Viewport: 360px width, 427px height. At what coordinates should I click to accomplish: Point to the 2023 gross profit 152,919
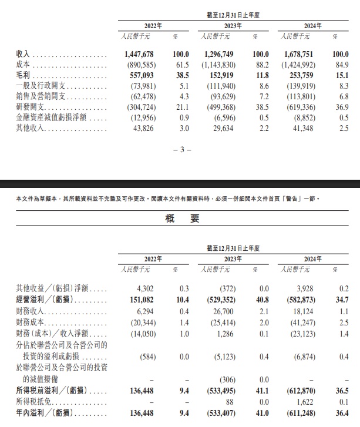(223, 76)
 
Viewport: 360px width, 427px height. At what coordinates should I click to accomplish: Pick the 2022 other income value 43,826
(144, 129)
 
